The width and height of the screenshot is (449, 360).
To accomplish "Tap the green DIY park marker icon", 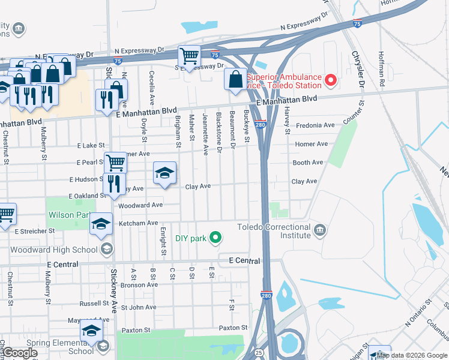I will point(215,238).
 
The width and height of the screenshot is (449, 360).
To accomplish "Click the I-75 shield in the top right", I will point(357,23).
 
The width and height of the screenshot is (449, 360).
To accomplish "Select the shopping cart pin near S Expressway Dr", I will point(189,56).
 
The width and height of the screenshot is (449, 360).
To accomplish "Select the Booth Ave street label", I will point(308,163).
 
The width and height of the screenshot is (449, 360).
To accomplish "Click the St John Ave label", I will point(138,307).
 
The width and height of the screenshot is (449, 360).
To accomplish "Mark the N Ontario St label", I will point(418,313).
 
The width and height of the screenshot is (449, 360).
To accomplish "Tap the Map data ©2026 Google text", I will point(412,355).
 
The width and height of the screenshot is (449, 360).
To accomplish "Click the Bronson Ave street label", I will point(139,284).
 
